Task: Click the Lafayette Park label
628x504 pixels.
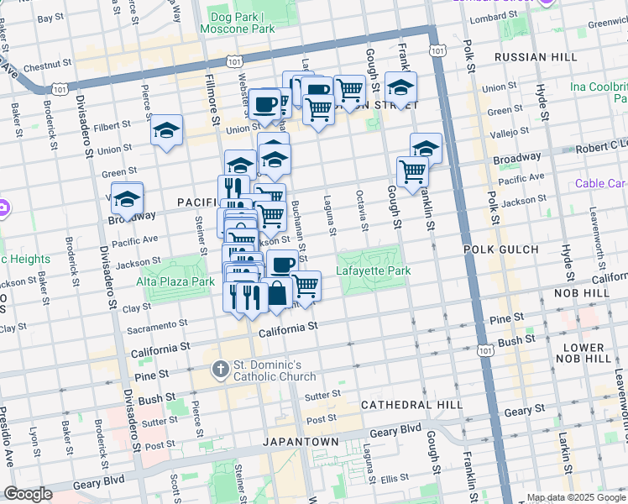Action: coord(373,270)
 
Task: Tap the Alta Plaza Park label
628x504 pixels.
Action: coord(175,282)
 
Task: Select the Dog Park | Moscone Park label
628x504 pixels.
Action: coord(238,23)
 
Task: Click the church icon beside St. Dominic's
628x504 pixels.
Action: coord(220,369)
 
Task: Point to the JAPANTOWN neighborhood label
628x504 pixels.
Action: coord(300,441)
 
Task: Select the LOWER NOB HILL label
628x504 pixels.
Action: coord(583,352)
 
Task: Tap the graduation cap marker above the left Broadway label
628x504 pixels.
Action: coord(128,198)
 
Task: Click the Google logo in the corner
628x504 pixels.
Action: coord(28,494)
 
